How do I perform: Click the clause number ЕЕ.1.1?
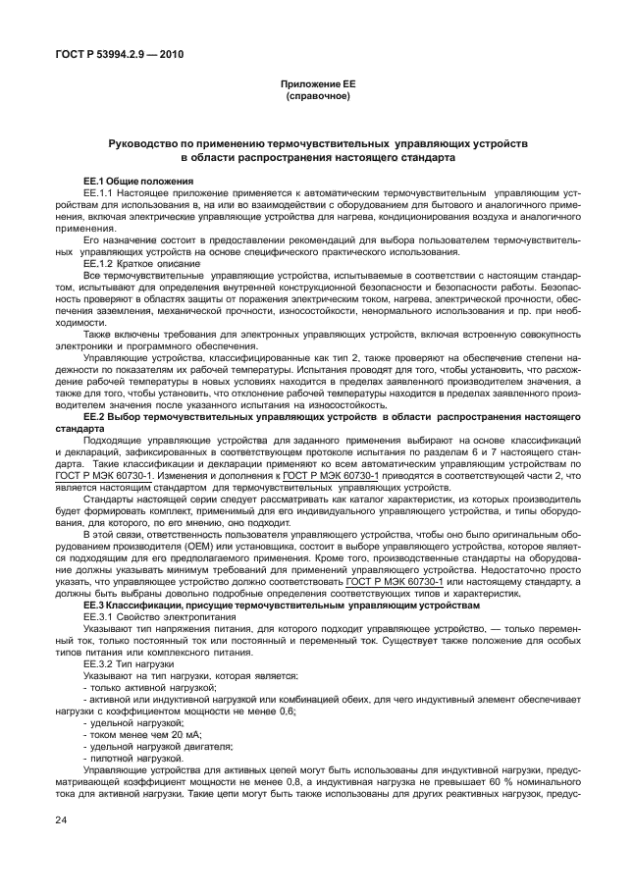(101, 193)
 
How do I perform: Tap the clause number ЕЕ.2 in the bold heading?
(95, 417)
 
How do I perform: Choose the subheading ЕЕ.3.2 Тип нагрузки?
(129, 663)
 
